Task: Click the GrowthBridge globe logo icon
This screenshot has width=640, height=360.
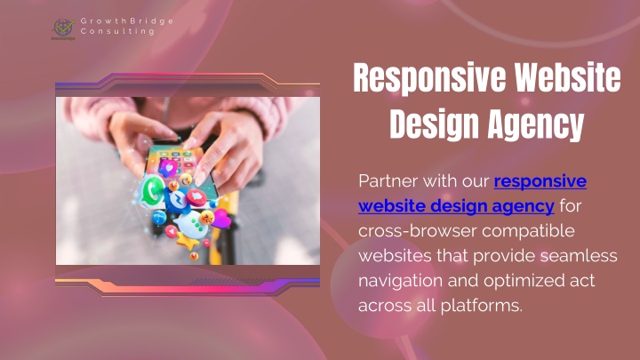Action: coord(63,28)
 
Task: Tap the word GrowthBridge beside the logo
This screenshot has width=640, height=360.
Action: coord(127,21)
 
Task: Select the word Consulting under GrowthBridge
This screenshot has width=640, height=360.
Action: coord(117,31)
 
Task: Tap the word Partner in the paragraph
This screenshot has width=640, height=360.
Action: coord(388,180)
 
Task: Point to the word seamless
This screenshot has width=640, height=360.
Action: coord(579,256)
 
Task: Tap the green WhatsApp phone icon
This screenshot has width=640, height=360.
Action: coord(152,190)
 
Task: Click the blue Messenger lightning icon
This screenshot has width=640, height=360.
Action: coord(178,200)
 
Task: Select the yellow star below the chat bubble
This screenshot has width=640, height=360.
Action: coord(187,243)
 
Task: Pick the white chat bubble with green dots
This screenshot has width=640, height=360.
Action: coord(191,225)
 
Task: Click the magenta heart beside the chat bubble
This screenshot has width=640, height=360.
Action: coord(221,219)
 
